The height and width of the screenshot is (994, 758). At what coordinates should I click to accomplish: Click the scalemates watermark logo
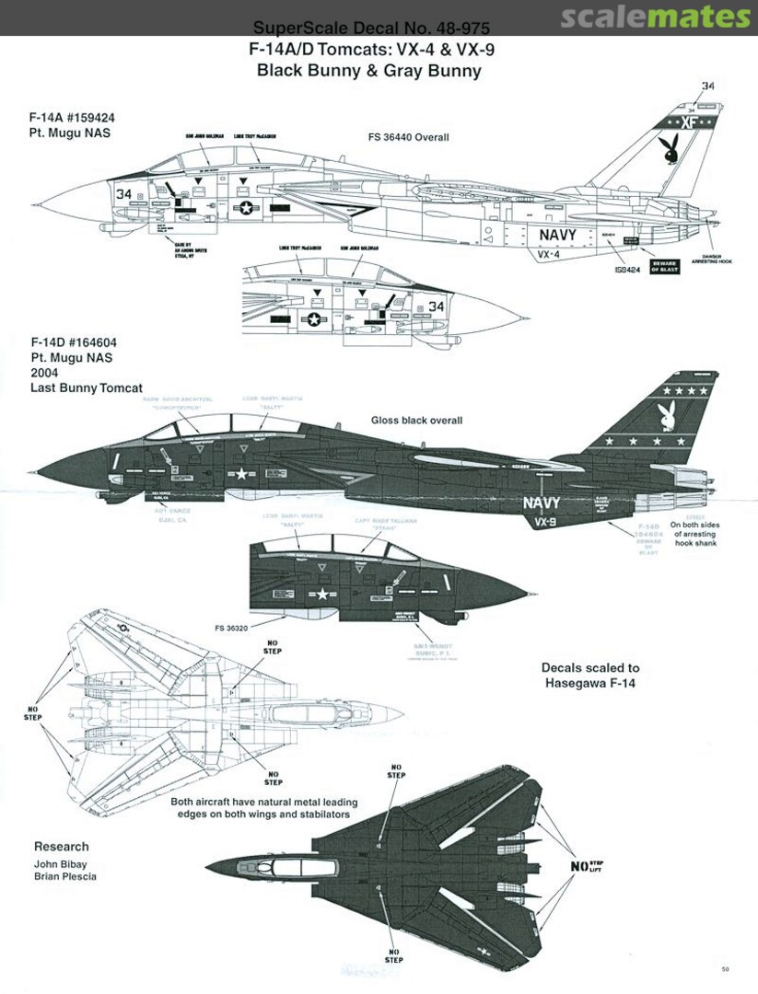(x=656, y=17)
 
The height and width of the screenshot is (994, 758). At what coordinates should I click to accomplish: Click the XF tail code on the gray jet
(x=686, y=121)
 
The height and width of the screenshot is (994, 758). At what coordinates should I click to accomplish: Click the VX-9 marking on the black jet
(x=545, y=521)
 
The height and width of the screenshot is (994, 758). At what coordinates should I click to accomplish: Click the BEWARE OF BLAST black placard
(x=665, y=266)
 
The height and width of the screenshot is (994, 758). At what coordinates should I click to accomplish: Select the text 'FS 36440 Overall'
(x=406, y=137)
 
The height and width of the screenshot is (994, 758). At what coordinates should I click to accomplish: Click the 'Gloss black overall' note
(x=415, y=421)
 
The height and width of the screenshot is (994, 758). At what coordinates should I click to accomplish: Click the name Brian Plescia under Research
(x=65, y=876)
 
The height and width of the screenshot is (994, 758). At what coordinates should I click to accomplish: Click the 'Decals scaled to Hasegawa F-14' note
(x=590, y=675)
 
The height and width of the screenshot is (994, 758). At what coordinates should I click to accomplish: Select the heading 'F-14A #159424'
(x=72, y=118)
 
